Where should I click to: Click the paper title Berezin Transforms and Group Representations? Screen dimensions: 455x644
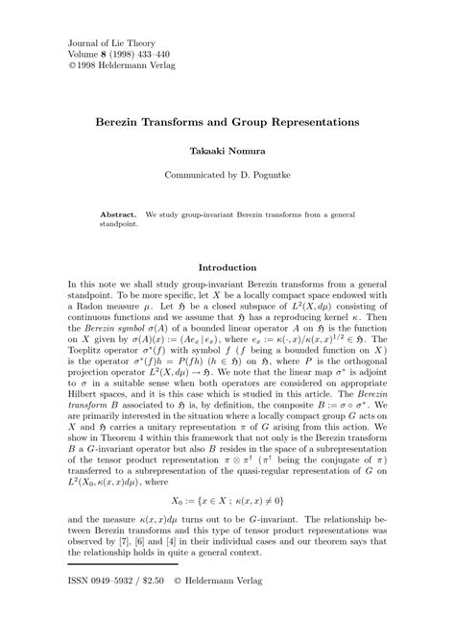click(x=227, y=124)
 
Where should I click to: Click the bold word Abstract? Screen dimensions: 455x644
click(x=120, y=210)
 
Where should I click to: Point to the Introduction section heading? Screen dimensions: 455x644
click(x=227, y=266)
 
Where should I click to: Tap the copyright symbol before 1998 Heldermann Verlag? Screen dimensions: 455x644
click(x=72, y=67)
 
